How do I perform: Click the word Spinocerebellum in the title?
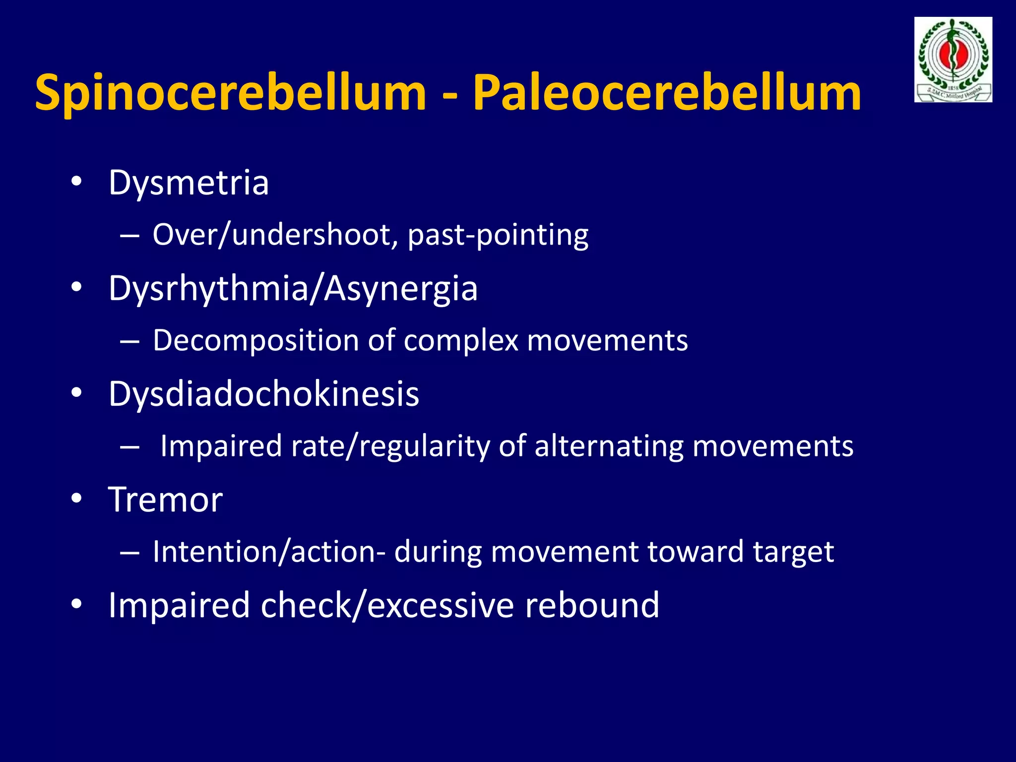tap(231, 93)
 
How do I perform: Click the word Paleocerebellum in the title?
tap(667, 93)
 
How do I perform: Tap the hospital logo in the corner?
tap(953, 60)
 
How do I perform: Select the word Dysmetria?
tap(189, 183)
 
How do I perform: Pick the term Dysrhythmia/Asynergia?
tap(293, 289)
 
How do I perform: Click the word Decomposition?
tap(255, 341)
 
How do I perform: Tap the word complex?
tap(461, 341)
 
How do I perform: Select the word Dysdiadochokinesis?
tap(263, 394)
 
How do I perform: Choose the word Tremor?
tap(165, 500)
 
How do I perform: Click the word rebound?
tap(592, 605)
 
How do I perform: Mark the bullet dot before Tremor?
tap(76, 499)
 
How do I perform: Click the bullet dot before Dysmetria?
tap(76, 182)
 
